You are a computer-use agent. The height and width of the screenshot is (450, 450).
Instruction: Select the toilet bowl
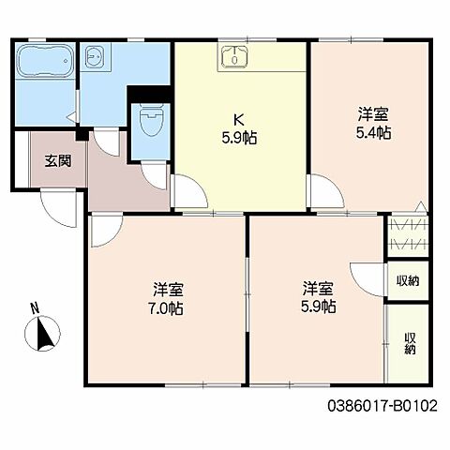click(151, 121)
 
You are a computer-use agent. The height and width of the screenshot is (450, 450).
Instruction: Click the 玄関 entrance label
click(56, 159)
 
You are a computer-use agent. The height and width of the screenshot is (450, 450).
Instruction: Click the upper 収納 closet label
click(407, 280)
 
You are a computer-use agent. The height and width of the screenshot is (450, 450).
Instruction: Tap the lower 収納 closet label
click(409, 343)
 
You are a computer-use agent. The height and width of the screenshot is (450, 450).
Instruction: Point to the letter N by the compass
click(34, 307)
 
